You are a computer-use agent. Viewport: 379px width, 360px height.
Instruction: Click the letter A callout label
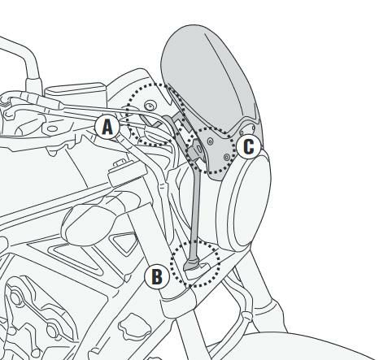pos(107,127)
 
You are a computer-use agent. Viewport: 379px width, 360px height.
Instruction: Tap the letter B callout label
pos(157,276)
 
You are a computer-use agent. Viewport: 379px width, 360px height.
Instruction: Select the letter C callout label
pos(249,147)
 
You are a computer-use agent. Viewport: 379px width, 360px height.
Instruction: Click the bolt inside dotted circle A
pos(150,106)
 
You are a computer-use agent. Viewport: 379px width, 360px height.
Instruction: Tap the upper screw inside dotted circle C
pos(210,141)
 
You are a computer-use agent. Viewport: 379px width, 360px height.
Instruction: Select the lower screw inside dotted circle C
pos(227,157)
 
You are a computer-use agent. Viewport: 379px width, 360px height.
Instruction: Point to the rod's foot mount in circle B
pos(193,267)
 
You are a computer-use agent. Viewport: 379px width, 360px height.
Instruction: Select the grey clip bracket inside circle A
pos(152,122)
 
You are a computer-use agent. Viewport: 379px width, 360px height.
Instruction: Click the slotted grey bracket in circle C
pos(196,150)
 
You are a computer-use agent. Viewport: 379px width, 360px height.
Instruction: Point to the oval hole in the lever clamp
pos(52,128)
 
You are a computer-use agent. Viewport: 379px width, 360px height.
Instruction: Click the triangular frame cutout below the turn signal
pos(123,243)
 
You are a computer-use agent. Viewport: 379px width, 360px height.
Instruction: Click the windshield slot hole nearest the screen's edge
pos(254,128)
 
